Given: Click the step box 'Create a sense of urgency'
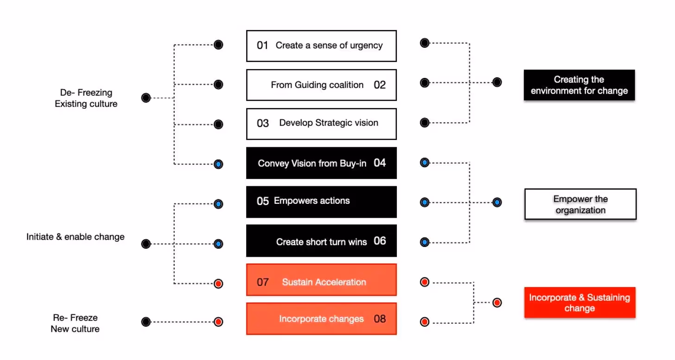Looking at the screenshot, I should click(x=321, y=46).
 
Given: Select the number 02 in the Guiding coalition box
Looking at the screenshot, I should click(x=380, y=85).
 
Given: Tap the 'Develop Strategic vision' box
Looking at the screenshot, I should click(x=321, y=124).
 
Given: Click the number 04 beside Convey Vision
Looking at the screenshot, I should click(x=380, y=163).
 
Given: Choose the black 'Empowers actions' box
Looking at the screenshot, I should click(x=321, y=202).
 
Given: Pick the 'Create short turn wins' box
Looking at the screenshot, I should click(x=321, y=241).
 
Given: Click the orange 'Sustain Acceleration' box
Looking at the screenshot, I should click(x=321, y=280).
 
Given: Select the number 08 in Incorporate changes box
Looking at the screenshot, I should click(x=380, y=319).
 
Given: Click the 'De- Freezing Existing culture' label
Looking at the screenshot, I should click(x=86, y=98).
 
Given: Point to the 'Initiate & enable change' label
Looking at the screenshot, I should click(x=75, y=237).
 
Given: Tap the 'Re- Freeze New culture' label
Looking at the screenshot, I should click(x=75, y=323).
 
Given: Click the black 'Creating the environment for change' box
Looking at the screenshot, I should click(x=579, y=85).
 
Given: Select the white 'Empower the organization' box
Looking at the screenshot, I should click(x=580, y=204).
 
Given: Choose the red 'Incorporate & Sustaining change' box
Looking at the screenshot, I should click(x=579, y=303).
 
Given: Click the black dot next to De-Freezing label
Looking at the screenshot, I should click(x=146, y=98).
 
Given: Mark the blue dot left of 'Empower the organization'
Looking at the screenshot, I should click(x=497, y=202).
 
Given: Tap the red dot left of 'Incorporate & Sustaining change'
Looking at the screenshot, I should click(x=497, y=303).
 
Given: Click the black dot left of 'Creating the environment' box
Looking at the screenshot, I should click(x=497, y=82).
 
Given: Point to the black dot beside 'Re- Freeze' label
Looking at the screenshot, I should click(x=146, y=322).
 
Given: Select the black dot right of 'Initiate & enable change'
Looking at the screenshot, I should click(x=146, y=244).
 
